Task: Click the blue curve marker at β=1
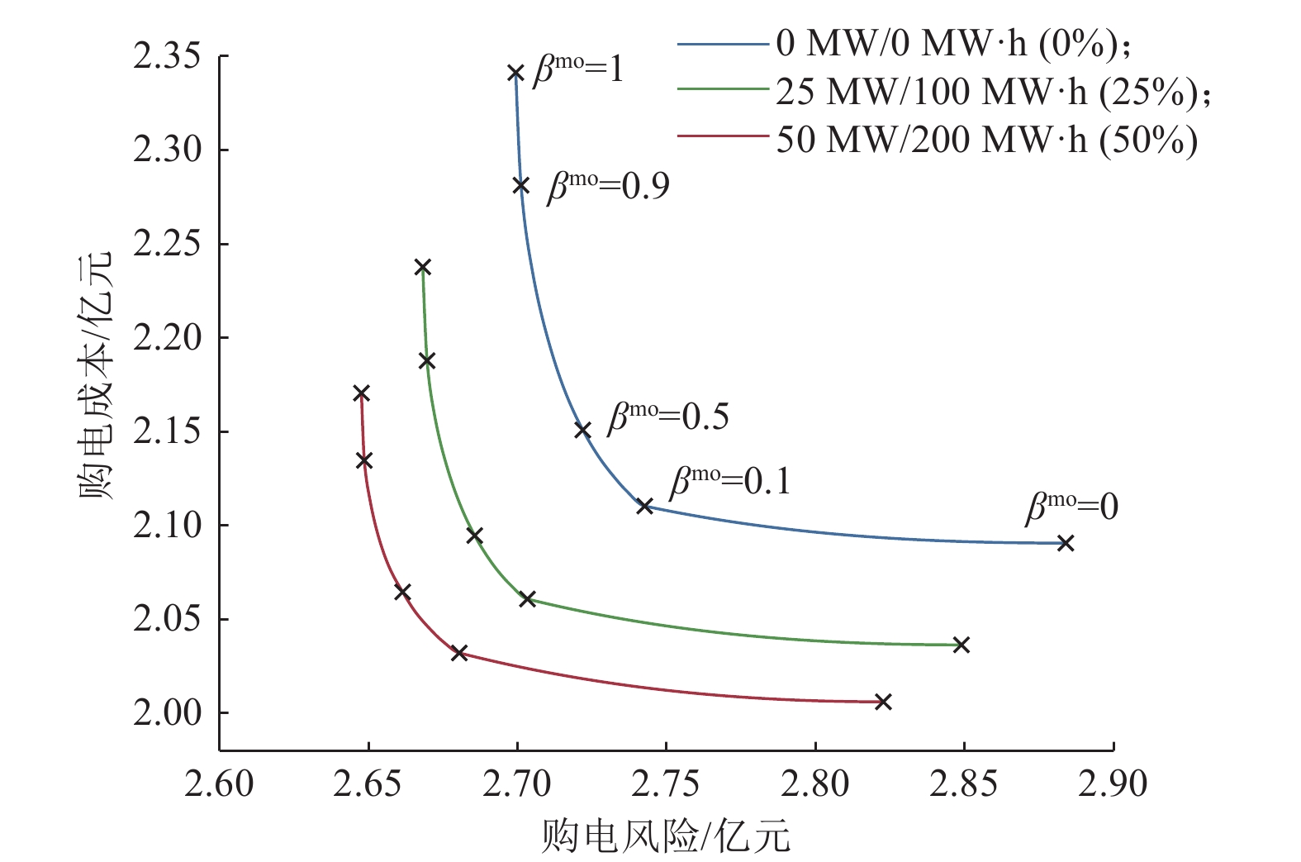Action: pyautogui.click(x=515, y=73)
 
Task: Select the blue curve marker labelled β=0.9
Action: pyautogui.click(x=521, y=185)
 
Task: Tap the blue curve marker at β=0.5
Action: pyautogui.click(x=582, y=430)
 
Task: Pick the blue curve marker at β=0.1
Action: pyautogui.click(x=645, y=505)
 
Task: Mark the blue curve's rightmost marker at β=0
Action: pyautogui.click(x=1066, y=543)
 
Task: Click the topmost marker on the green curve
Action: pyautogui.click(x=423, y=267)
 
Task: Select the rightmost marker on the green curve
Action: pyautogui.click(x=961, y=645)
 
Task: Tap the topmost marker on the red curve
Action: pyautogui.click(x=361, y=393)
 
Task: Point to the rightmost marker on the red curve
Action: pyautogui.click(x=883, y=702)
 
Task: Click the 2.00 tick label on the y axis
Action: pyautogui.click(x=167, y=712)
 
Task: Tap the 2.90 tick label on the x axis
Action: pyautogui.click(x=1113, y=783)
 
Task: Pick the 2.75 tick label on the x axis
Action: pyautogui.click(x=666, y=783)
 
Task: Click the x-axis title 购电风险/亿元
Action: pyautogui.click(x=666, y=836)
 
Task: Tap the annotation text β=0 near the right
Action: pyautogui.click(x=1071, y=506)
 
